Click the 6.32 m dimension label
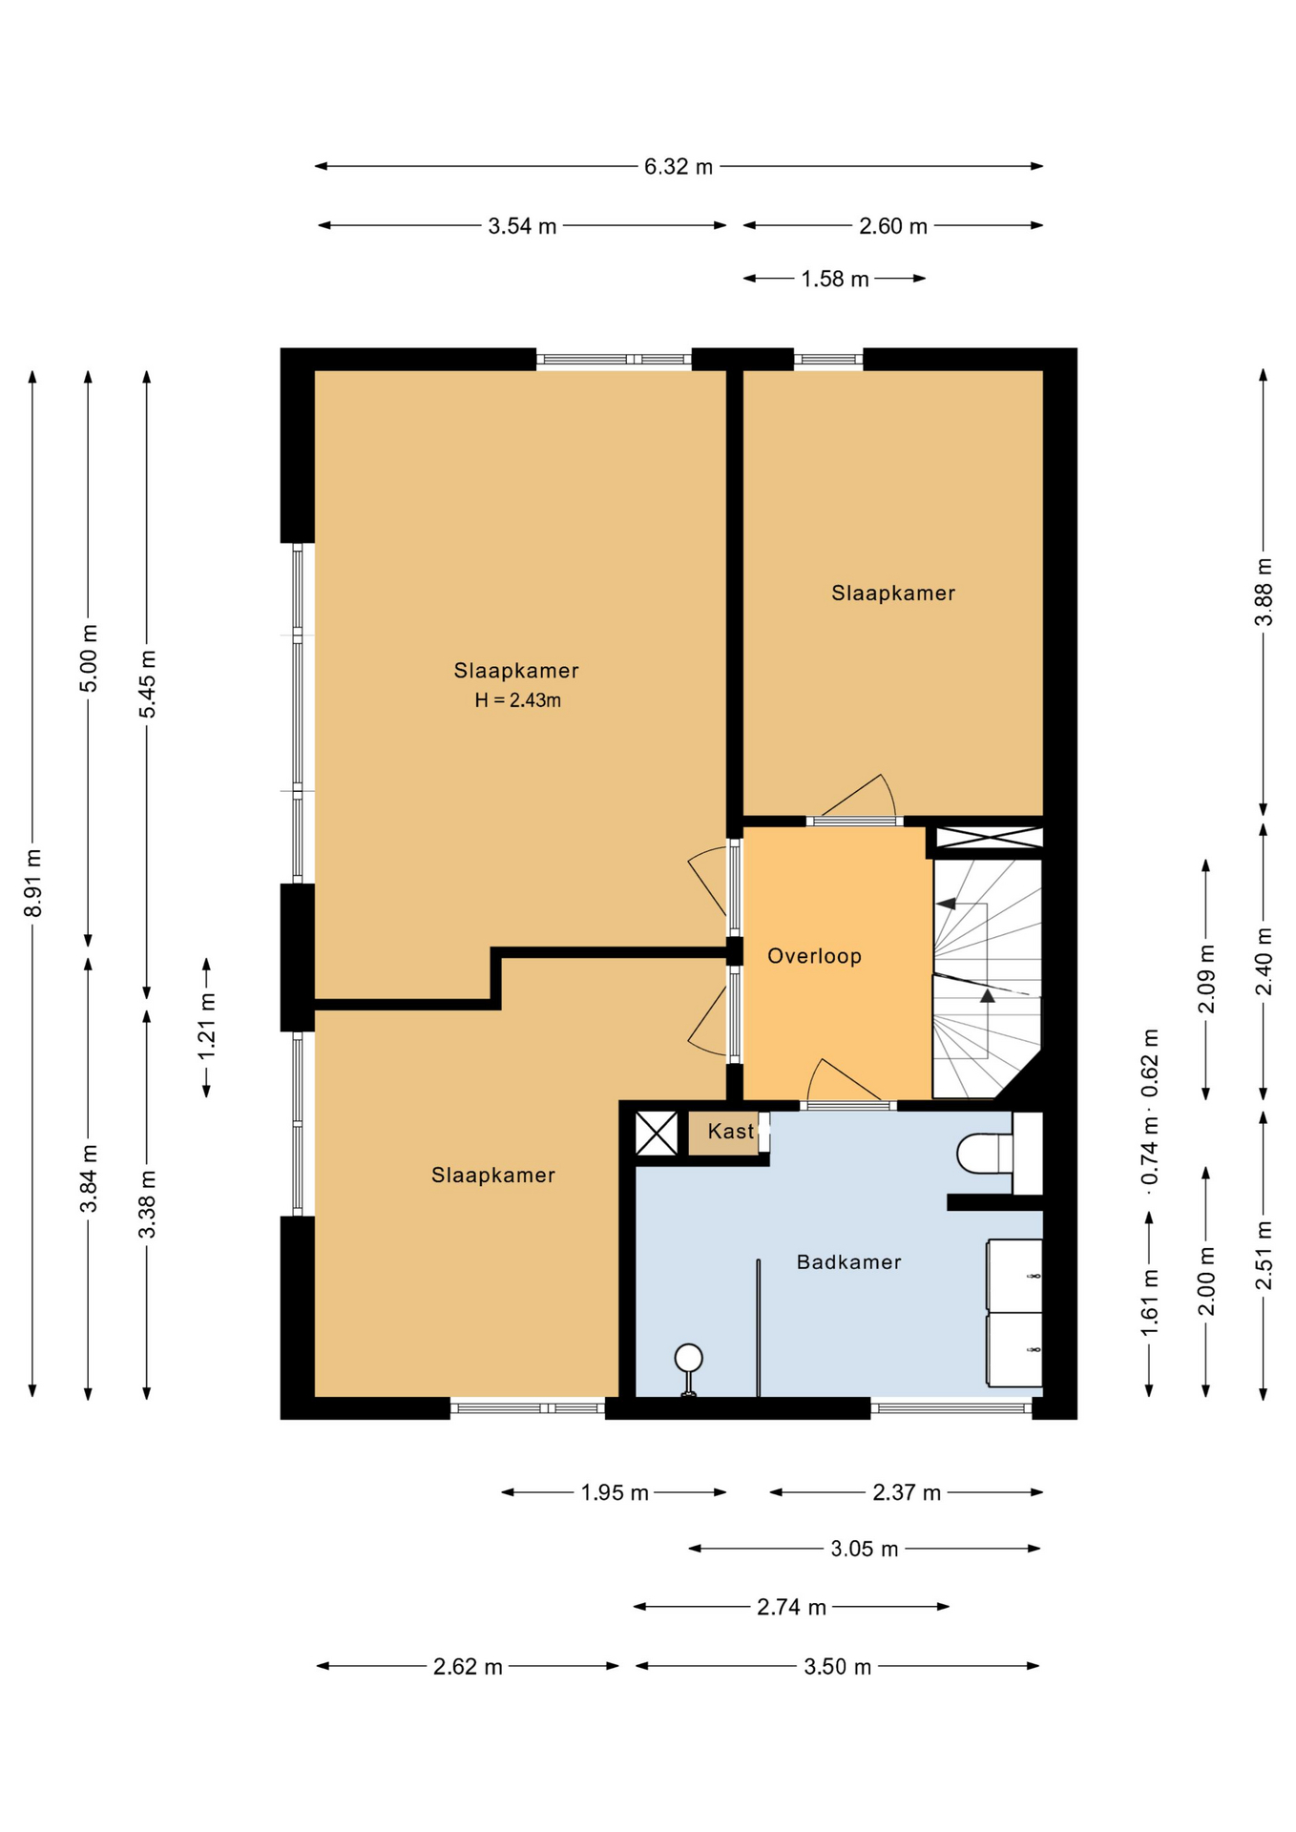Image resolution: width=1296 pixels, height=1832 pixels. coord(678,167)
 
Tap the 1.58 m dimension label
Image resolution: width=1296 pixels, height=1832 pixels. coord(835,280)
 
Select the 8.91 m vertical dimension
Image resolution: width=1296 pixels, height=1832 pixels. coord(33,883)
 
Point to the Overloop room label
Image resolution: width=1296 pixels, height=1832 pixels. coord(814,956)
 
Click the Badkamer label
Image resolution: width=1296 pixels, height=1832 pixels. coord(848,1262)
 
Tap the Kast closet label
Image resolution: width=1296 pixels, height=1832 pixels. coord(731,1132)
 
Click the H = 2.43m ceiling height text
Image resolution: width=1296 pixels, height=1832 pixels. coord(517,700)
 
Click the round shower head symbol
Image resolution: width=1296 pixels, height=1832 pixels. coord(688,1357)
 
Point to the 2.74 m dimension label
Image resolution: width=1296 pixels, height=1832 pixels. coord(791,1608)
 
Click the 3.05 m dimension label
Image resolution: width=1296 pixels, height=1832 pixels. coord(864,1550)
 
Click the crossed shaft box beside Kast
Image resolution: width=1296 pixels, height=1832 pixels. coord(657,1134)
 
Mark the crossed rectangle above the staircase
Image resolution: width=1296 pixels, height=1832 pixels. coord(989,838)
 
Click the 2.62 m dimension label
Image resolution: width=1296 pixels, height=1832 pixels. coord(468,1667)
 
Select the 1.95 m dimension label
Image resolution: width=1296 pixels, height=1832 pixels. coord(615,1493)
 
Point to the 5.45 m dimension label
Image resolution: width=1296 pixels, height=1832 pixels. coord(148,684)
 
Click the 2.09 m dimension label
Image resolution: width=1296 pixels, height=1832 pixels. coord(1206,978)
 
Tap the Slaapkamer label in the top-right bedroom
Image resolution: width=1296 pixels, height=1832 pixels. coord(893,593)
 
